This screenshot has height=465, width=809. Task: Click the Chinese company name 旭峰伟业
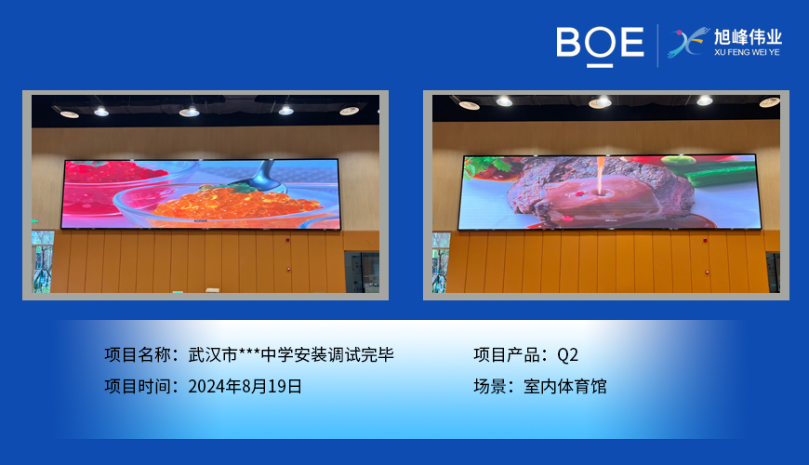748,37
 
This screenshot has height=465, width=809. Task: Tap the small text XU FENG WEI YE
747,53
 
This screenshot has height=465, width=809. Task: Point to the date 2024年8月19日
245,386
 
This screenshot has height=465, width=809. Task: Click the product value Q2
567,354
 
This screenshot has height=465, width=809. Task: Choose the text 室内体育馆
564,386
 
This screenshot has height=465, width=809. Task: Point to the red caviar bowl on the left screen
112,177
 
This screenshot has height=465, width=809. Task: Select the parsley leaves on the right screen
484,167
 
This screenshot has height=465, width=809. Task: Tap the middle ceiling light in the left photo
189,112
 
